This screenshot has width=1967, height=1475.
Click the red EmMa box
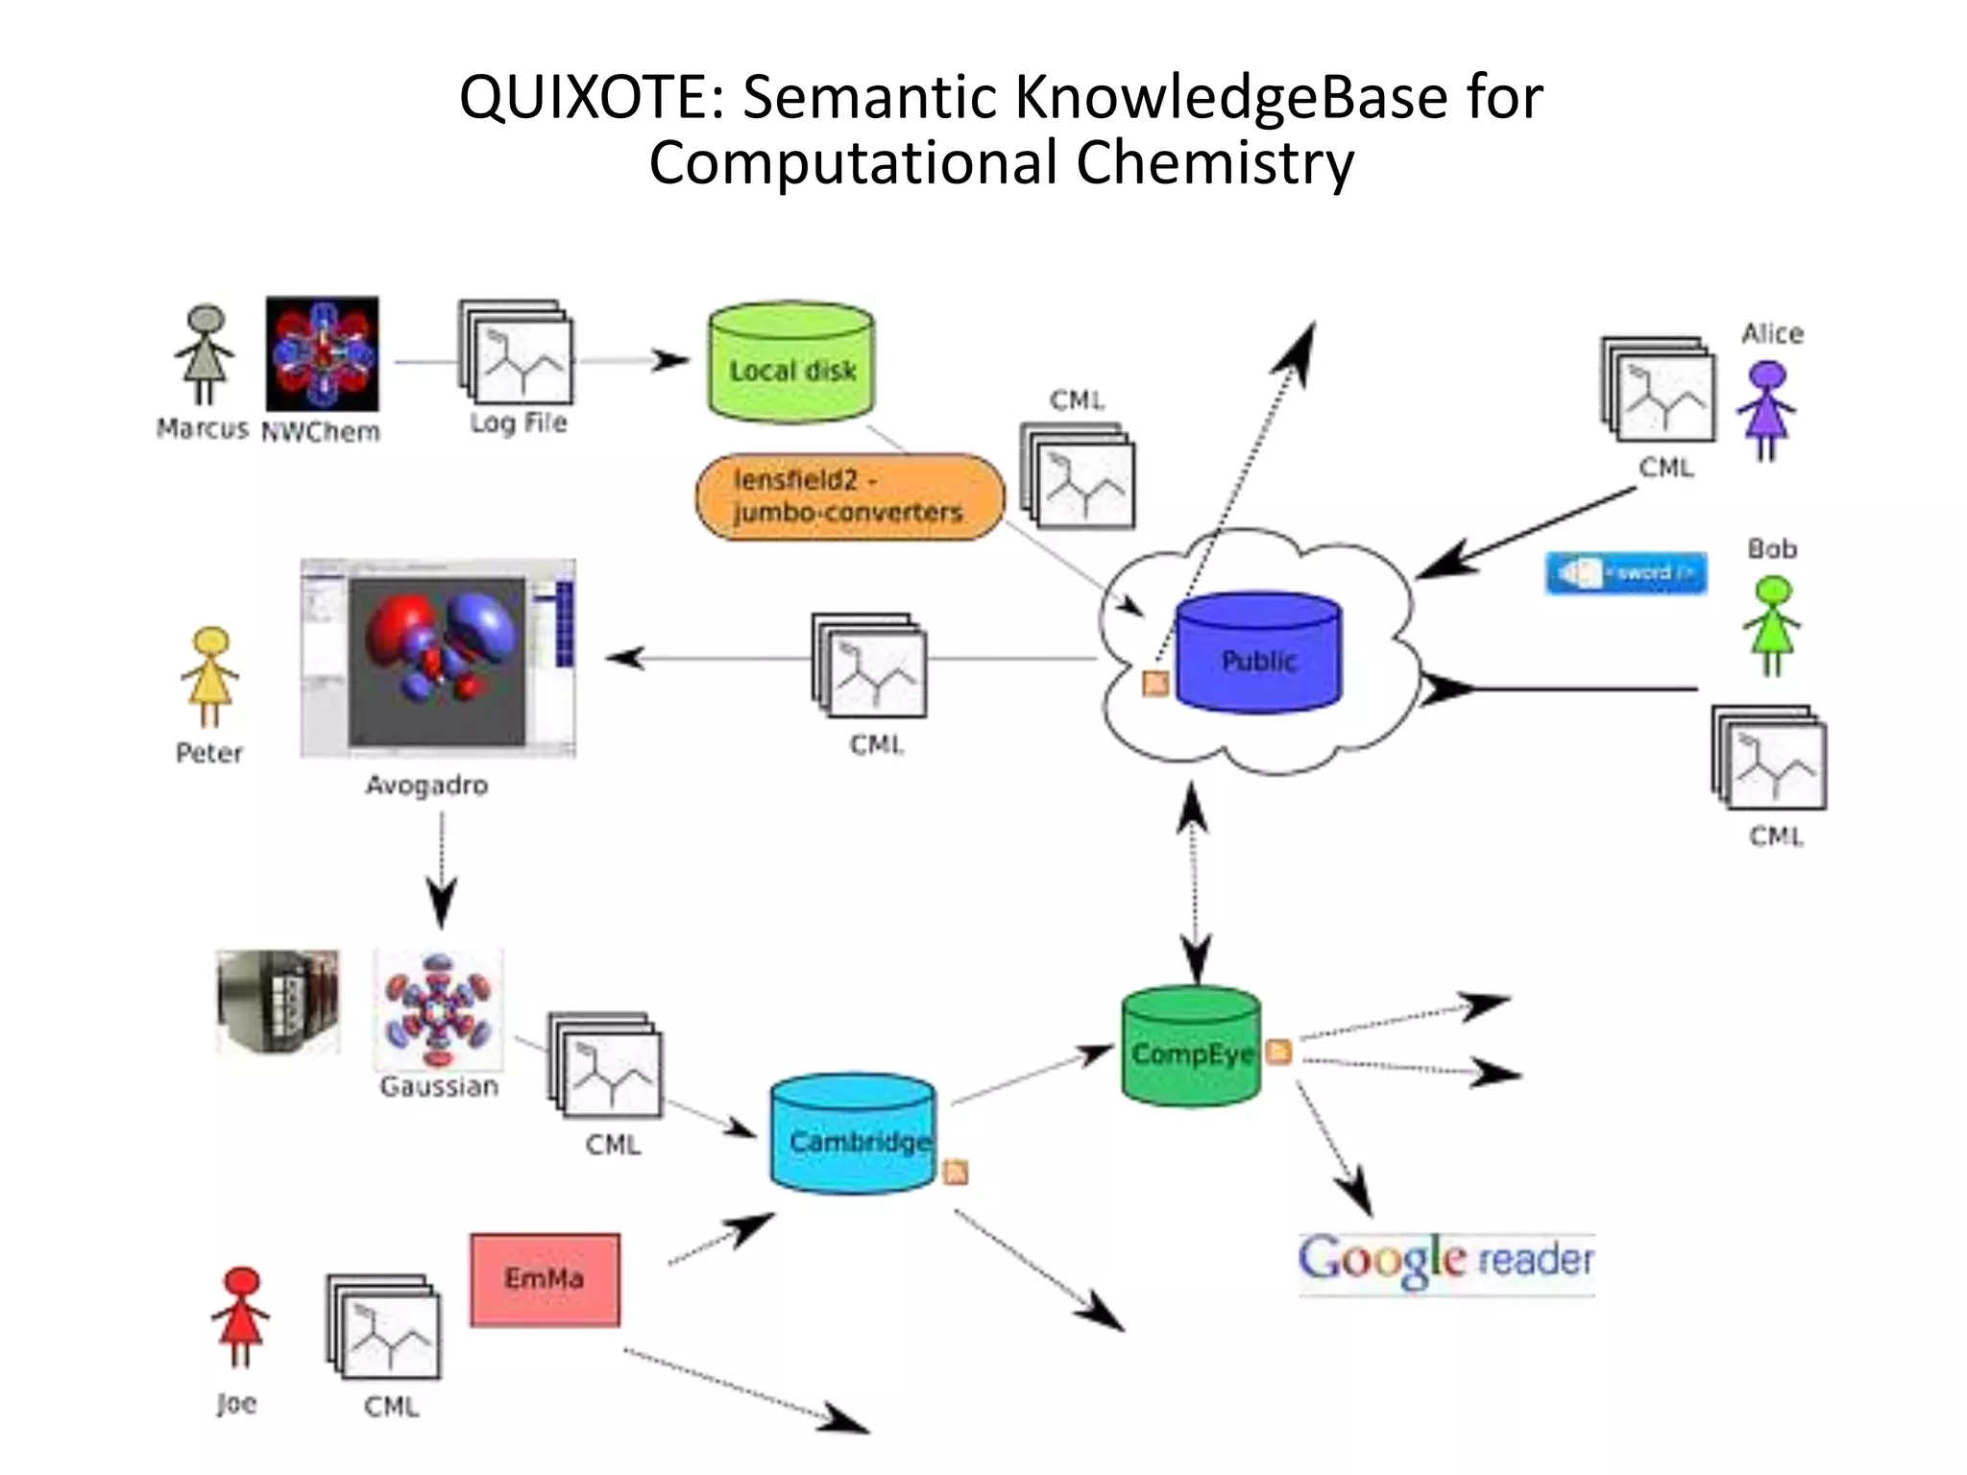[x=545, y=1279]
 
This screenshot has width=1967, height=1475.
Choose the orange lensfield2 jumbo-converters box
[x=849, y=496]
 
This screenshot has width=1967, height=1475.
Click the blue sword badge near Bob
[x=1625, y=573]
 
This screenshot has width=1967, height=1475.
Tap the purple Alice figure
[x=1766, y=410]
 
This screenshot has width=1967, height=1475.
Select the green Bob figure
[x=1772, y=625]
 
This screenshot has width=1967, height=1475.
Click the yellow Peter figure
[x=210, y=677]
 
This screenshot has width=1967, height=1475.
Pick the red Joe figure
[x=240, y=1316]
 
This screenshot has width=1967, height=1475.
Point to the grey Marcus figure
[x=205, y=354]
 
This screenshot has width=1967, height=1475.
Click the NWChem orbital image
[x=322, y=353]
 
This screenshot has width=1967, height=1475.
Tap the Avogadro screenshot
[x=438, y=659]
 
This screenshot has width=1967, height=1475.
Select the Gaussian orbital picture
[x=438, y=1010]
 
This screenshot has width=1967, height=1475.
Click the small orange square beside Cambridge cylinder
[x=956, y=1172]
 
